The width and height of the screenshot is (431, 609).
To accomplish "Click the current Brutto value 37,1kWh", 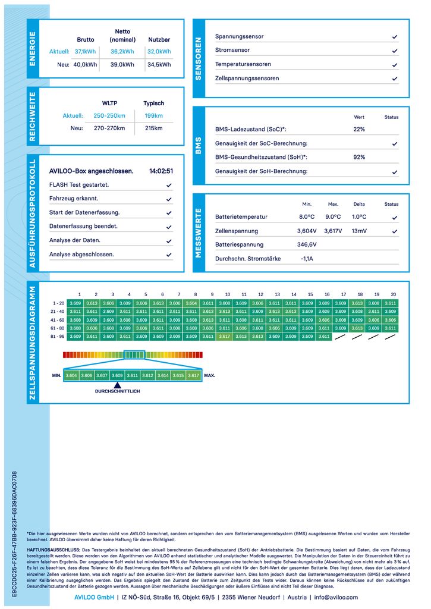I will [x=85, y=52].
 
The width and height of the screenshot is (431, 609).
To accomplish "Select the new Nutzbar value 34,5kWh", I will [x=159, y=64].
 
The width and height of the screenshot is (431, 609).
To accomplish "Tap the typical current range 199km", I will [x=153, y=115].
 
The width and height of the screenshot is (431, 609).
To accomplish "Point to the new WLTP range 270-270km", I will [x=109, y=128].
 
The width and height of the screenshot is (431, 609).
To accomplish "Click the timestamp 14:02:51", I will [x=161, y=171].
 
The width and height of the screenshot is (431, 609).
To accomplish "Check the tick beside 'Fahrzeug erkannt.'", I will [x=169, y=199].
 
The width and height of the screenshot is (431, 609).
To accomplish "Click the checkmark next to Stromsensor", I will [x=395, y=51].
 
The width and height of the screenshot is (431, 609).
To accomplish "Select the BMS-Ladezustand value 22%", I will [x=359, y=129].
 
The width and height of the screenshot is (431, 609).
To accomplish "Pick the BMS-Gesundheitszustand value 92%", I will [x=359, y=157].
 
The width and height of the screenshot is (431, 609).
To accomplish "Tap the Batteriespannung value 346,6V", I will [x=307, y=244].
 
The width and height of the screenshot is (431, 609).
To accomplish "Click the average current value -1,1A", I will [x=307, y=259].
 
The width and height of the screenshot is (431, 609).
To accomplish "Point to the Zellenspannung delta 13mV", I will [x=359, y=231].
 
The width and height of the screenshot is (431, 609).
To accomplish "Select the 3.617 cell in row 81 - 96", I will [x=224, y=337].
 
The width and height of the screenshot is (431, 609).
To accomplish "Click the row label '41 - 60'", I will [x=58, y=320].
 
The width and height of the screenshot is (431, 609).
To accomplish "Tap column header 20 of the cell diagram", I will [x=393, y=294].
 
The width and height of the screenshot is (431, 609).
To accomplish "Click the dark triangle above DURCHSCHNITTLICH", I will [x=117, y=385].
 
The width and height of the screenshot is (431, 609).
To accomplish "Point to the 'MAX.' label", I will [x=209, y=376].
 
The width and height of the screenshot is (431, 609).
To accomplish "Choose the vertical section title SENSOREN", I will [x=199, y=58].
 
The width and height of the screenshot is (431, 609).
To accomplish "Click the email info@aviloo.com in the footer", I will [x=336, y=597].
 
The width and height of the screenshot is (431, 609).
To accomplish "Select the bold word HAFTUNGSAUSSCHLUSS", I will [x=54, y=551].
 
